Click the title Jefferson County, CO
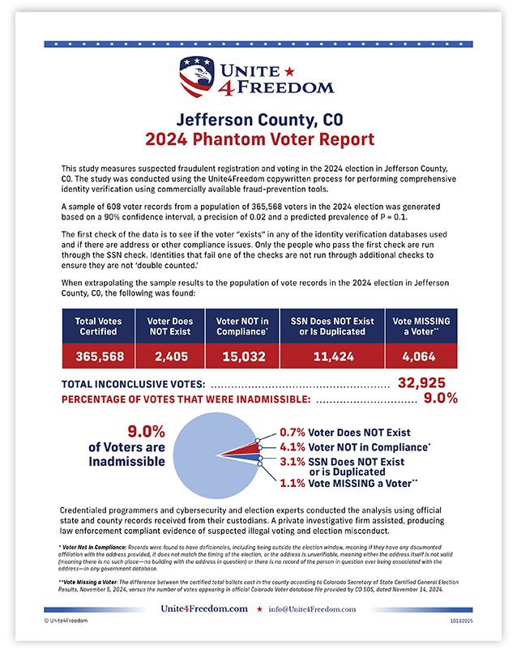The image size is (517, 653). click(258, 120)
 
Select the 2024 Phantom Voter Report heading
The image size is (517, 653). click(258, 139)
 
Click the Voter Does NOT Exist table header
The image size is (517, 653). click(170, 326)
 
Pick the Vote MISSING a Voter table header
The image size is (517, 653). click(420, 326)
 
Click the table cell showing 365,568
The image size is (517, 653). click(99, 356)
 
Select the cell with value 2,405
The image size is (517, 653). click(170, 356)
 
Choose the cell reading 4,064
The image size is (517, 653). click(420, 356)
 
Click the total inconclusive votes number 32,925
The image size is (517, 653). click(427, 382)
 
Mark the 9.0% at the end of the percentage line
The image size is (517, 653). click(441, 398)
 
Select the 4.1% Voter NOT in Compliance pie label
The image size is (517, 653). click(355, 446)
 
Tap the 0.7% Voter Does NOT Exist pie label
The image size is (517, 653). click(344, 432)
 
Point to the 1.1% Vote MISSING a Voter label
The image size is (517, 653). click(348, 484)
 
